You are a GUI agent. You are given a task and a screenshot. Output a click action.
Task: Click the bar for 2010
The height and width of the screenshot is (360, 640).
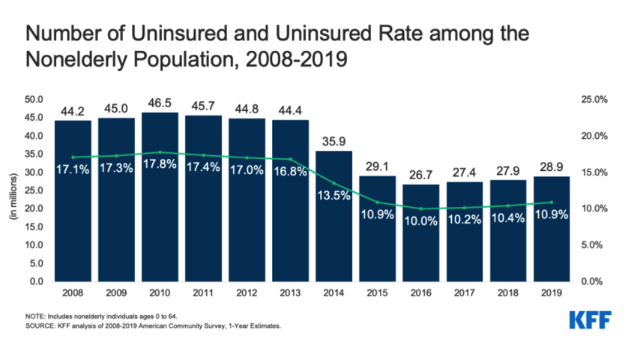(x=160, y=225)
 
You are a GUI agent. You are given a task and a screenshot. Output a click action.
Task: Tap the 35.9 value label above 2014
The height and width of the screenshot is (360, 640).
(x=333, y=140)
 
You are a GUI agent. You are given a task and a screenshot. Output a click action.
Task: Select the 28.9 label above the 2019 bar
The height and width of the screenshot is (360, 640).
(x=552, y=166)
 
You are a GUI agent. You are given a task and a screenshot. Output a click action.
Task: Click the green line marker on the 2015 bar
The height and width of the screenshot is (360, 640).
(x=378, y=202)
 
